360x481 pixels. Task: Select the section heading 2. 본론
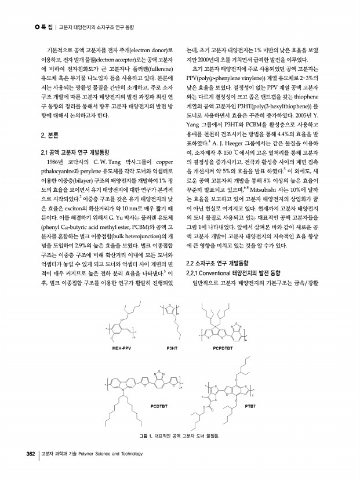(42, 134)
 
